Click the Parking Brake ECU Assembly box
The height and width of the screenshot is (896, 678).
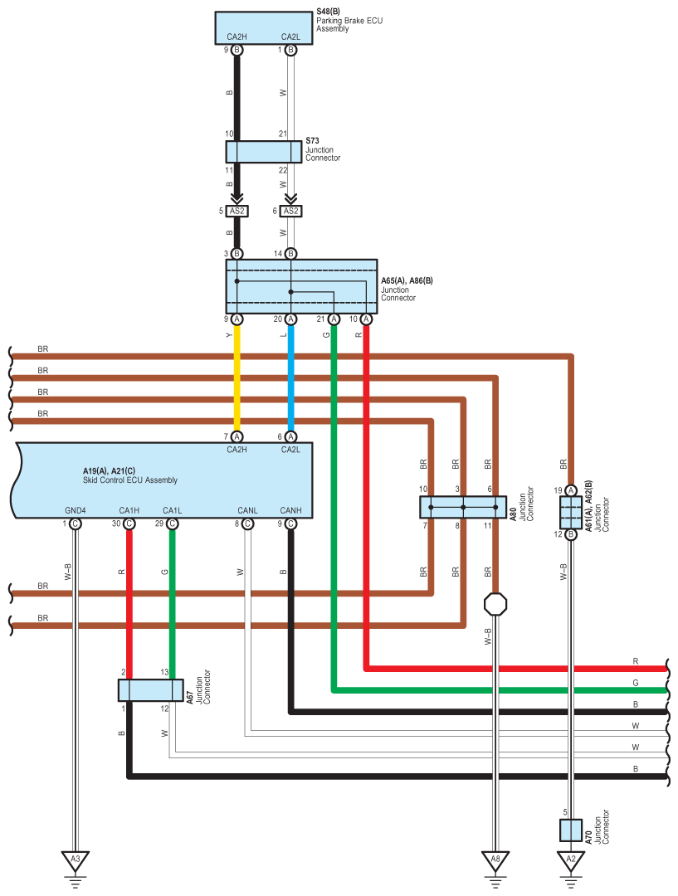pyautogui.click(x=264, y=28)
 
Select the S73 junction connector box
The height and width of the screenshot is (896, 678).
pyautogui.click(x=264, y=152)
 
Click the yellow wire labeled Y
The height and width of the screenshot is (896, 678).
pyautogui.click(x=237, y=377)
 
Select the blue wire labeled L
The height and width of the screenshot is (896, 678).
pyautogui.click(x=290, y=377)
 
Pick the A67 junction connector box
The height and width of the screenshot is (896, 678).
pyautogui.click(x=151, y=690)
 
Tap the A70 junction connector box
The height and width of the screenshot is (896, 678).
pyautogui.click(x=570, y=830)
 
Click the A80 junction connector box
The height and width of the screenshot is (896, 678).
pyautogui.click(x=463, y=508)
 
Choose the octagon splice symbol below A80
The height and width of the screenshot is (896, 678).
pyautogui.click(x=495, y=604)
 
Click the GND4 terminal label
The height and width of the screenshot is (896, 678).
pyautogui.click(x=76, y=510)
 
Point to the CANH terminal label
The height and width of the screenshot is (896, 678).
pyautogui.click(x=290, y=510)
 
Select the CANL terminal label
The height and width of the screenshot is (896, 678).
pyautogui.click(x=247, y=510)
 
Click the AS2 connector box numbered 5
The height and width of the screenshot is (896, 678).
pyautogui.click(x=237, y=211)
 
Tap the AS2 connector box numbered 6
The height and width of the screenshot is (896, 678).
pyautogui.click(x=290, y=211)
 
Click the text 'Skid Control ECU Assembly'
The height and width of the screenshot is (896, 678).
pyautogui.click(x=130, y=480)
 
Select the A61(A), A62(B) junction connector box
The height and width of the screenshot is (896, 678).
pyautogui.click(x=570, y=513)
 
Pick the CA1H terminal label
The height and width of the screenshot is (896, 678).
pyautogui.click(x=129, y=510)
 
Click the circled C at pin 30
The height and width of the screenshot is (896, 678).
pyautogui.click(x=129, y=523)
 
